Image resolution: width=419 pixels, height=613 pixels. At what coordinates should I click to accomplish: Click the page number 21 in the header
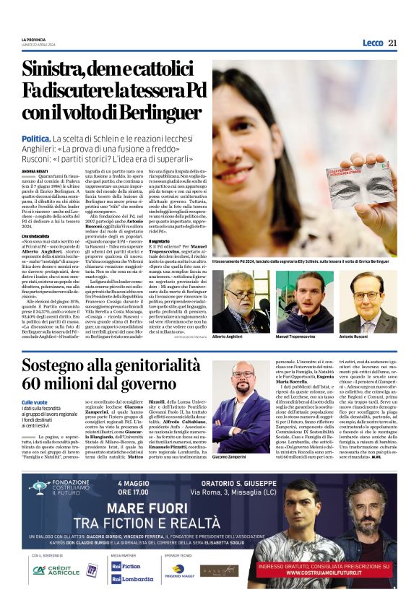(392, 43)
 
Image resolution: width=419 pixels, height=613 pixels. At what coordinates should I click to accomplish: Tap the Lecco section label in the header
(373, 43)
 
